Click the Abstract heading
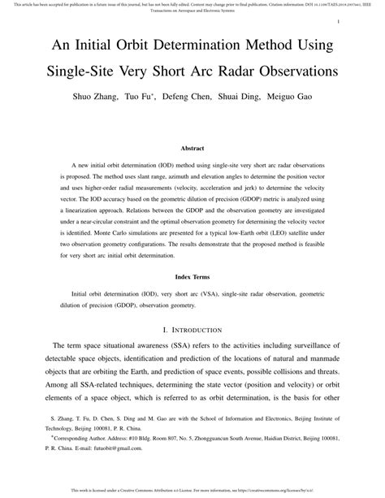[192, 149]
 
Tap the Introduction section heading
[192, 330]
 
